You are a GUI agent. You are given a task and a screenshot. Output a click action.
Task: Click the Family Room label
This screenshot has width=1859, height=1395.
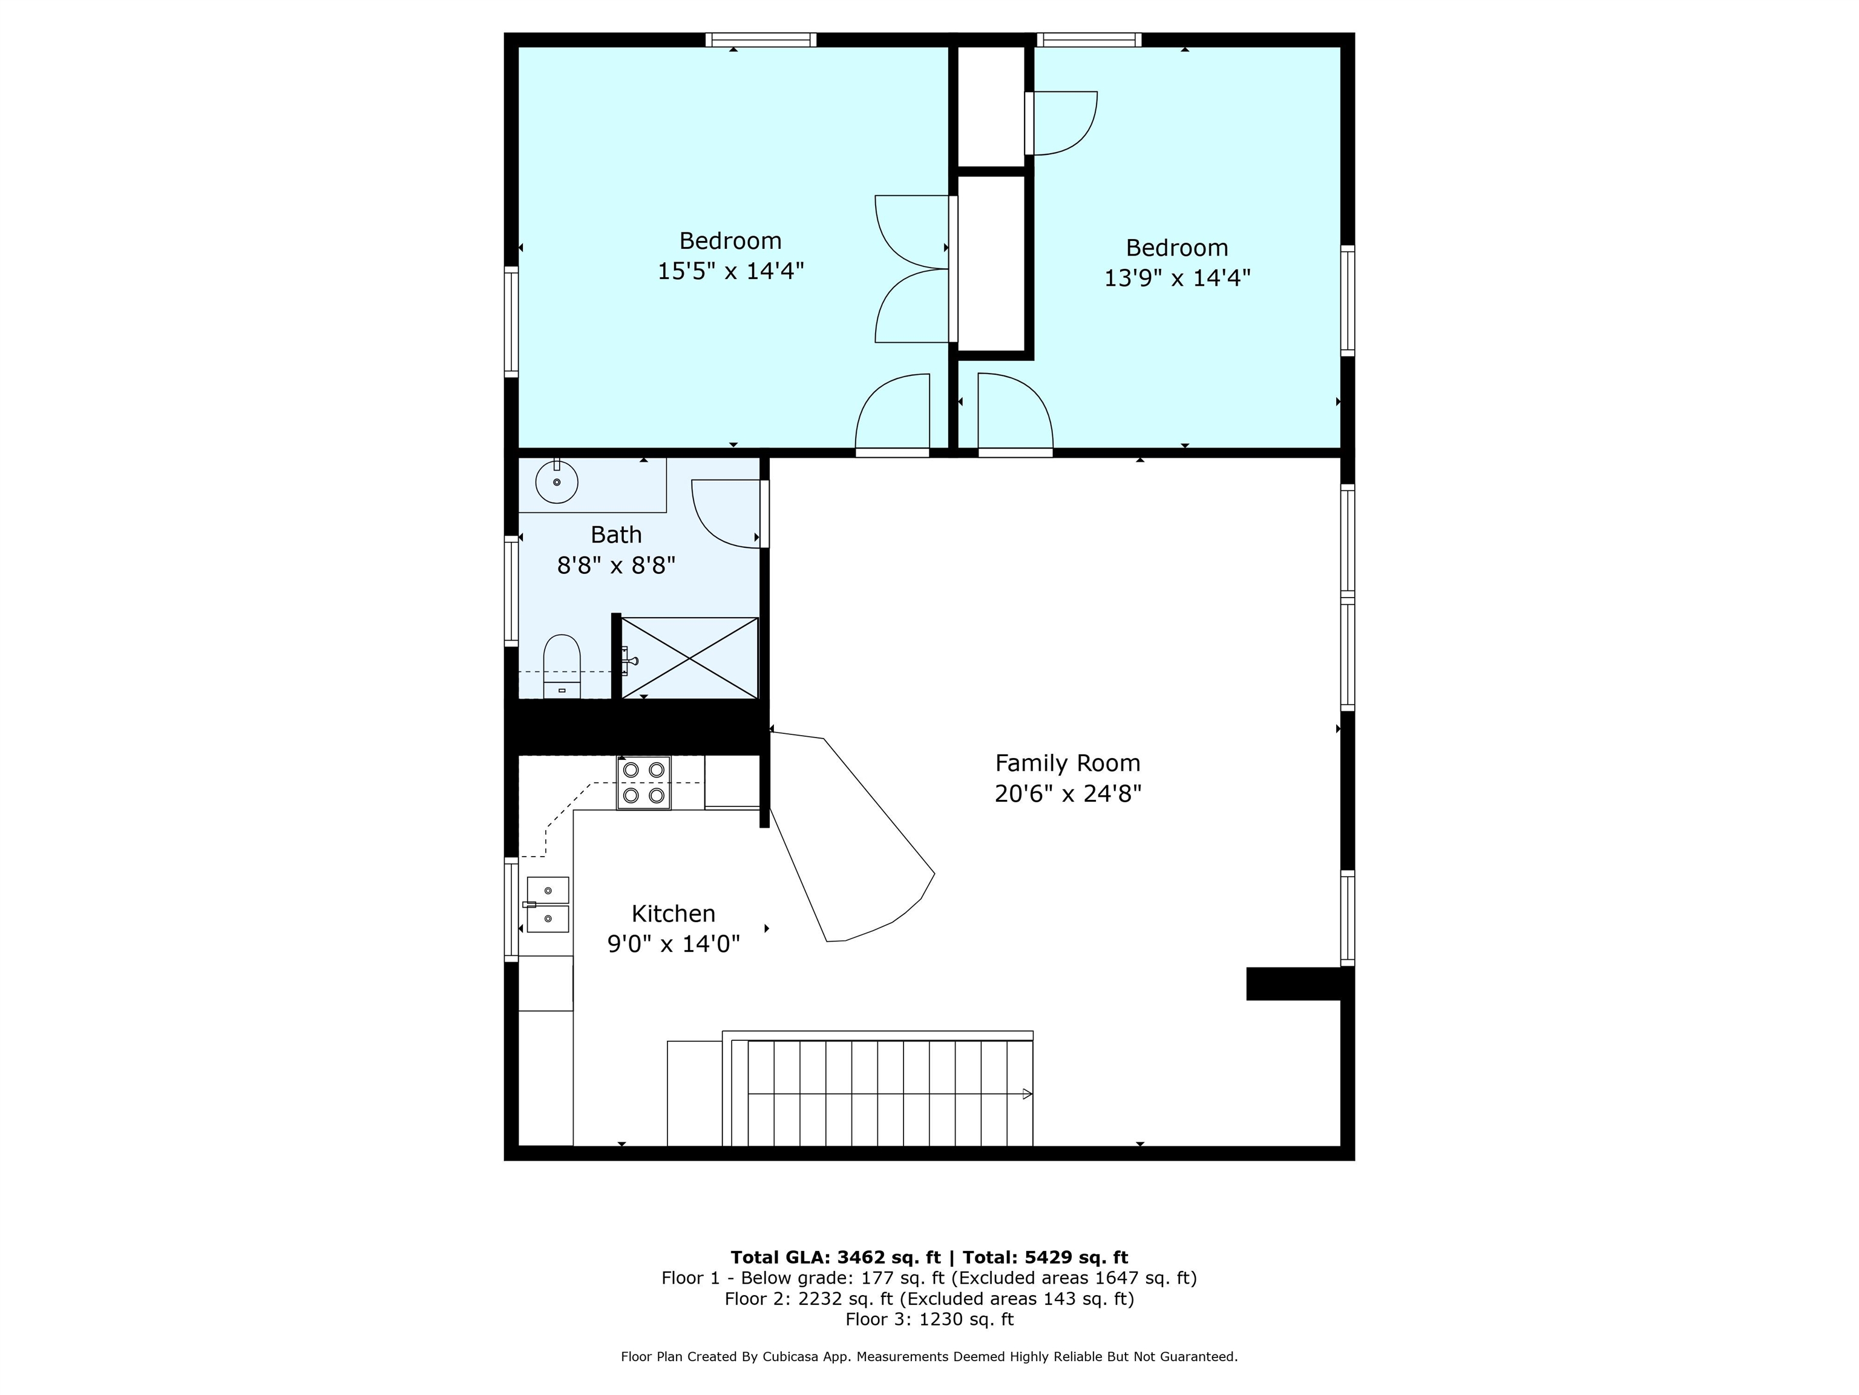click(1067, 763)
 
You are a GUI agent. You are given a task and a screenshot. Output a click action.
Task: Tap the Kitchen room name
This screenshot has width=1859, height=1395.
click(673, 914)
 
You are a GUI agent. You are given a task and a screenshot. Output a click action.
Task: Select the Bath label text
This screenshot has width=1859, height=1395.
click(616, 535)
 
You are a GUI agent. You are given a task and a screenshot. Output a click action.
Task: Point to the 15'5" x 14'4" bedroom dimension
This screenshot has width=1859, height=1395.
click(730, 271)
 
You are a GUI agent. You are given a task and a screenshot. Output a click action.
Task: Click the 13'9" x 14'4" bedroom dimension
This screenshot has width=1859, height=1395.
click(1176, 277)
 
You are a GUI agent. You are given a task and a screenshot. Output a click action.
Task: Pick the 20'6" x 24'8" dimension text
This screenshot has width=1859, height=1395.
click(1067, 794)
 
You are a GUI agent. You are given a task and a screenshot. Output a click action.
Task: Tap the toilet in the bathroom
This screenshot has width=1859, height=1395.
click(562, 666)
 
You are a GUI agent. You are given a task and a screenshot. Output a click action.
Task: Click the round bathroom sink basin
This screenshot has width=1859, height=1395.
click(556, 482)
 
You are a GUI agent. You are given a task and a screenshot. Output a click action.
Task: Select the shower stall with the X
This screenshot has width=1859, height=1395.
click(689, 658)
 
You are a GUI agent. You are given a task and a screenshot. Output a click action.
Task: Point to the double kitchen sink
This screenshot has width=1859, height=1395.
click(547, 905)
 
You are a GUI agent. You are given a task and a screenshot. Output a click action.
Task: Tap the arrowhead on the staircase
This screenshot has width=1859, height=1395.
click(1027, 1094)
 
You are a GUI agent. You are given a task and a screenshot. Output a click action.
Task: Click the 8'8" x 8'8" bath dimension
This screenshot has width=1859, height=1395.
click(616, 565)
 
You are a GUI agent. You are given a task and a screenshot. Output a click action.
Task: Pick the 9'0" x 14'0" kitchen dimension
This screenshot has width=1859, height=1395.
click(673, 945)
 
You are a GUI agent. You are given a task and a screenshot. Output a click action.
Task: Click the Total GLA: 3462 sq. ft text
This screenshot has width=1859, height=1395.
click(835, 1257)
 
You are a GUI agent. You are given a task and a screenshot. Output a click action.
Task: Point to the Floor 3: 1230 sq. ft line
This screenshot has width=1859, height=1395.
click(929, 1319)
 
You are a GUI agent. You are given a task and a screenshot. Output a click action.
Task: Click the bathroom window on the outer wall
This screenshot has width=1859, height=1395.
click(511, 590)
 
